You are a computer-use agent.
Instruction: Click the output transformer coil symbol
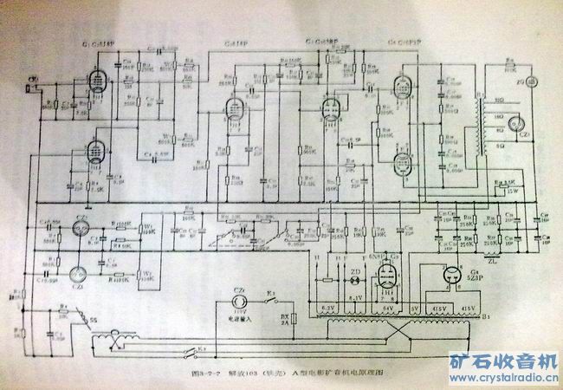coord(476,130)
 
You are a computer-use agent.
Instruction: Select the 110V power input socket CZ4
coord(241,294)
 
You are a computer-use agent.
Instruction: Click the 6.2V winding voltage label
coord(327,306)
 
